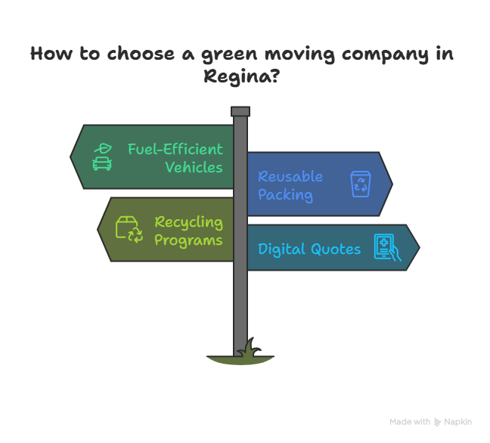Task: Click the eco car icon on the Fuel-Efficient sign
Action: tap(102, 156)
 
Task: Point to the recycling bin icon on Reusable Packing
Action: tap(360, 184)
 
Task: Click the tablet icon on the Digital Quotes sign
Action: tap(386, 248)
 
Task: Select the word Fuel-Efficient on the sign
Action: tap(175, 149)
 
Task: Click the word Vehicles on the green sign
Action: tap(194, 167)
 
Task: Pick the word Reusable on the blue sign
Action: tap(290, 176)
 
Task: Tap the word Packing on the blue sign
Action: tap(285, 194)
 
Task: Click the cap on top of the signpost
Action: tap(240, 111)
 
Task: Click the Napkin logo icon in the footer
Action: tap(438, 422)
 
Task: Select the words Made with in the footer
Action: tap(410, 422)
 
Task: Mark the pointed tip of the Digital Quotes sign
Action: tap(418, 247)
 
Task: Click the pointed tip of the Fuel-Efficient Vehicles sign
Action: tap(72, 156)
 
